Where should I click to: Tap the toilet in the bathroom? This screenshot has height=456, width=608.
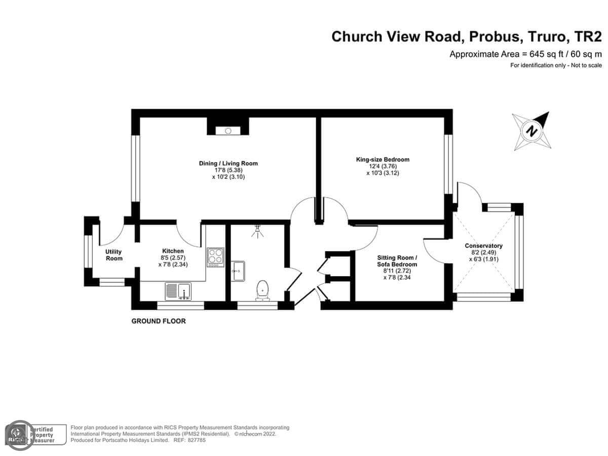262,290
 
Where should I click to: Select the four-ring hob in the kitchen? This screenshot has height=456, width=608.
215,257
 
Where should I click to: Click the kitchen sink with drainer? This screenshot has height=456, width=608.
178,291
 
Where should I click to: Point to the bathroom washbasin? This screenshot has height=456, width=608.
238,271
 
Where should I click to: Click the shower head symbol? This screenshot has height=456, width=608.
257,231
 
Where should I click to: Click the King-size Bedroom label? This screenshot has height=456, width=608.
383,160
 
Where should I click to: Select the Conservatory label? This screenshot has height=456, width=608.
483,246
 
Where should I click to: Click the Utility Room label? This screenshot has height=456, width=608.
114,255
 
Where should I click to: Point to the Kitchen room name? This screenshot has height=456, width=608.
173,251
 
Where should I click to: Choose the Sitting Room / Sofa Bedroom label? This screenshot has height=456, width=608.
397,261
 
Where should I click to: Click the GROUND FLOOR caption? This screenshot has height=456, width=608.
159,321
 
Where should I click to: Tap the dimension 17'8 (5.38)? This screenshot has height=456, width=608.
229,170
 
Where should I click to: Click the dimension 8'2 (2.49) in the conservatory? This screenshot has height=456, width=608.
484,252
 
